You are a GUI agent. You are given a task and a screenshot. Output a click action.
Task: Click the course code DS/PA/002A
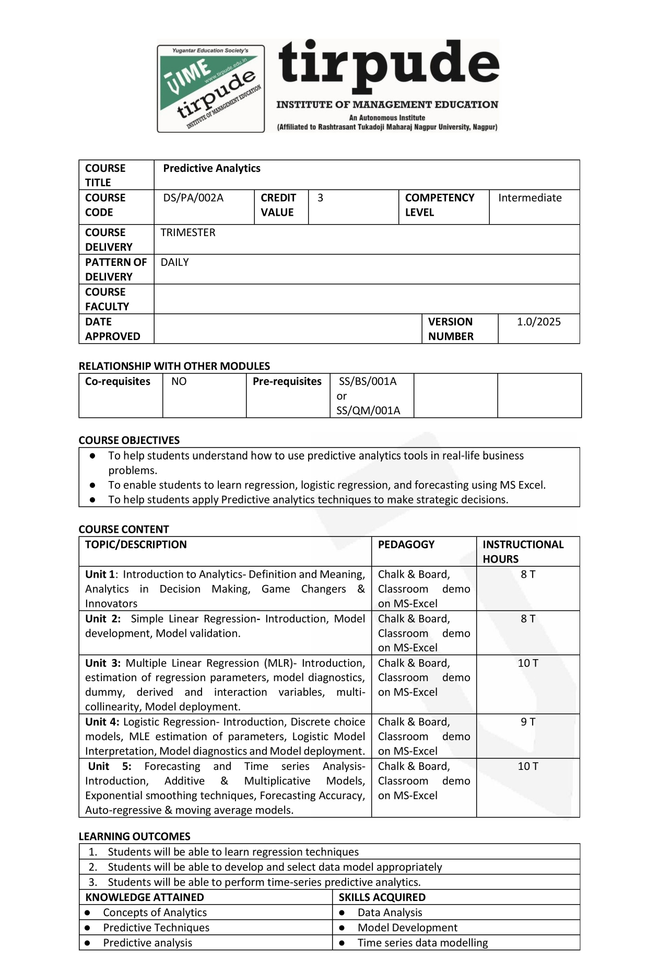(x=193, y=198)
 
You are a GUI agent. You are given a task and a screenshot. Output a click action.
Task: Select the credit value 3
(x=320, y=198)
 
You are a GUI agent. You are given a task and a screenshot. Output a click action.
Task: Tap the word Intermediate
(x=529, y=198)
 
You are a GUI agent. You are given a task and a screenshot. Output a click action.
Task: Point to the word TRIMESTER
(x=188, y=232)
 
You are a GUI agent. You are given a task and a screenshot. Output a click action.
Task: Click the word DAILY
(x=174, y=262)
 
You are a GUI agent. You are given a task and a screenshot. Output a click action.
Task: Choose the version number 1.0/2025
(x=538, y=322)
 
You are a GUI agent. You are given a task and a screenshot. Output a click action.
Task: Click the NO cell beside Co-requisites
(x=179, y=381)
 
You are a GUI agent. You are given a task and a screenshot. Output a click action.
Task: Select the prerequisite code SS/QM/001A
(x=368, y=411)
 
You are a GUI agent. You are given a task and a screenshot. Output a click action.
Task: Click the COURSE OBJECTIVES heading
(x=129, y=440)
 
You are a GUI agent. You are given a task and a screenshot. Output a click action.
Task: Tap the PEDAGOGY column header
(x=406, y=544)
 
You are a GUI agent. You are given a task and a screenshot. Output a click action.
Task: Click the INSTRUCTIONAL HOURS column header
(x=523, y=552)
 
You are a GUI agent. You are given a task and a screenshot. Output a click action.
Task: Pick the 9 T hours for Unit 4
(x=528, y=722)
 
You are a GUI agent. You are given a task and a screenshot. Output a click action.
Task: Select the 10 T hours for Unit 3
(x=528, y=663)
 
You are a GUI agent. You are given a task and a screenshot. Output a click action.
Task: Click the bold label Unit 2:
(x=103, y=618)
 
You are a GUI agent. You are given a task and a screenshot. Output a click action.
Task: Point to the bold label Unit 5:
(x=110, y=766)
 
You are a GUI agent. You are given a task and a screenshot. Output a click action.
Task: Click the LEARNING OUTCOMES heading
(x=134, y=836)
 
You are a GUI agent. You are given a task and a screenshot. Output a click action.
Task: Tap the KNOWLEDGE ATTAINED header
(x=145, y=897)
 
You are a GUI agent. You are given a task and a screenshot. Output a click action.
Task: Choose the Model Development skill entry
(x=407, y=928)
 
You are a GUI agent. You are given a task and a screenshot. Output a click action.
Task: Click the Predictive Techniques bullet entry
(x=156, y=928)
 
